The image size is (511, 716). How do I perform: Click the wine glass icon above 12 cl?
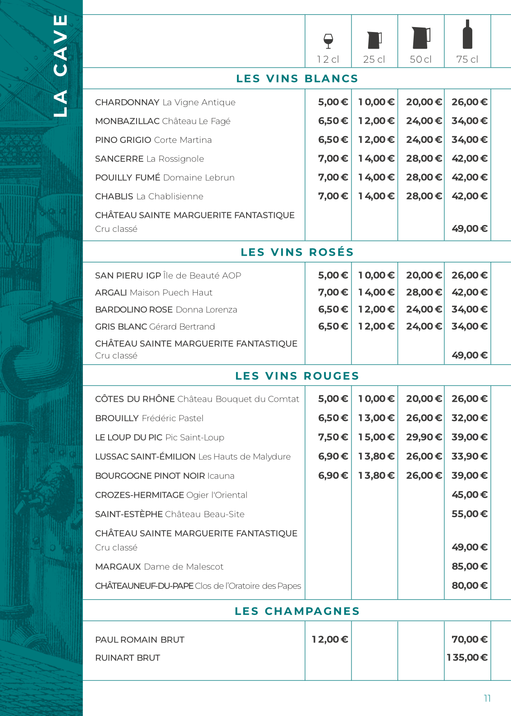(x=328, y=41)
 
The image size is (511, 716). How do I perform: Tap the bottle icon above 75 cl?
(x=468, y=35)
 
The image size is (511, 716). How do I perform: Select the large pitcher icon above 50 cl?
(x=420, y=38)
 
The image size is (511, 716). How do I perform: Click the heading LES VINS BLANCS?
(x=297, y=78)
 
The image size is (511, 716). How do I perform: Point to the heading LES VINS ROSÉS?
(x=297, y=252)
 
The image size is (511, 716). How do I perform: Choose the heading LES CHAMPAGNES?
(x=297, y=611)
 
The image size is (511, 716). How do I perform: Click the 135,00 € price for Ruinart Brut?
(x=467, y=657)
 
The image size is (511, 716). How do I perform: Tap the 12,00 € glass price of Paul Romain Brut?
(x=330, y=639)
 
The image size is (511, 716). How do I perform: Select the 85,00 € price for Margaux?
(x=470, y=566)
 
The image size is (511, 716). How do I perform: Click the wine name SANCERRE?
(x=119, y=159)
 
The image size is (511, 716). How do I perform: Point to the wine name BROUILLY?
(x=117, y=418)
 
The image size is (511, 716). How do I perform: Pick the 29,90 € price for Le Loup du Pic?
(x=424, y=437)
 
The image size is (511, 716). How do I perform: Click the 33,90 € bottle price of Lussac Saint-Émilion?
(x=470, y=456)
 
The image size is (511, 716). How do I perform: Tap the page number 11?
(x=487, y=698)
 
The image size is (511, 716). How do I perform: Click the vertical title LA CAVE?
(x=60, y=66)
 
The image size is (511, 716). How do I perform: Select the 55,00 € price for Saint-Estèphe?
(x=470, y=514)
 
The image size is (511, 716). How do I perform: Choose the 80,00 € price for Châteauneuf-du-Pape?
(x=470, y=586)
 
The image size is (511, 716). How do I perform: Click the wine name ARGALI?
(x=111, y=293)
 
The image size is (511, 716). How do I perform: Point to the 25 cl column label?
(x=374, y=60)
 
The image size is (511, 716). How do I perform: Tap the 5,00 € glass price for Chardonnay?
(x=333, y=102)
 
